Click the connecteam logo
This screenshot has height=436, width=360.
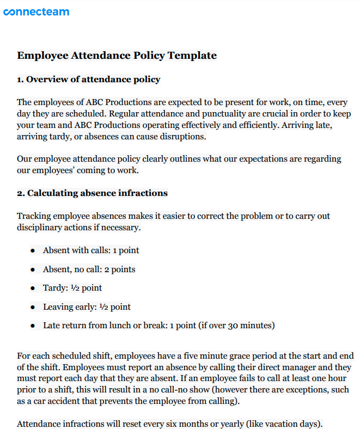click(36, 11)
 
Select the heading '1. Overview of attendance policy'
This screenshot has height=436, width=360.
click(89, 79)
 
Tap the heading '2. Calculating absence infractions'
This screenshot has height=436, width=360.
click(92, 193)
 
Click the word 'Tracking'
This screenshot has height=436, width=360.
click(34, 216)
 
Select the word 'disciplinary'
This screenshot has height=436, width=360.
click(41, 228)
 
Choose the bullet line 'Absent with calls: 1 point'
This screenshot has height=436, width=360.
click(91, 250)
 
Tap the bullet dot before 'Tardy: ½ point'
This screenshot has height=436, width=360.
click(33, 288)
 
